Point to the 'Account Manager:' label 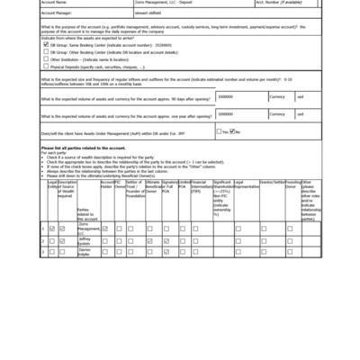[58, 14]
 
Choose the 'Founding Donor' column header [293, 184]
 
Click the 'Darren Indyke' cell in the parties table [85, 253]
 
